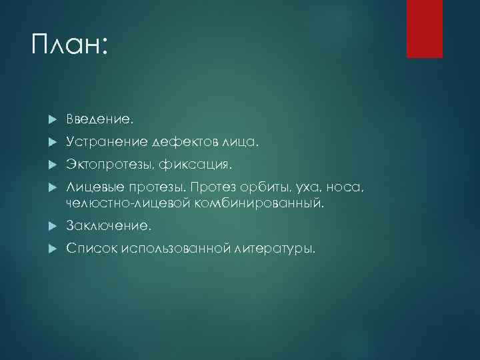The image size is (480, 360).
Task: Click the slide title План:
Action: point(69,46)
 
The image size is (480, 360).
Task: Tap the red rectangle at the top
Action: point(425,29)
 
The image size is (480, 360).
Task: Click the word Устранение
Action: point(107,142)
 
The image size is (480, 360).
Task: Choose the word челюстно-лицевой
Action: point(128,203)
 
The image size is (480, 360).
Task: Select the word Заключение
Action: point(109,227)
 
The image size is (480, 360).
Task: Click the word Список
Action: point(91,249)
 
